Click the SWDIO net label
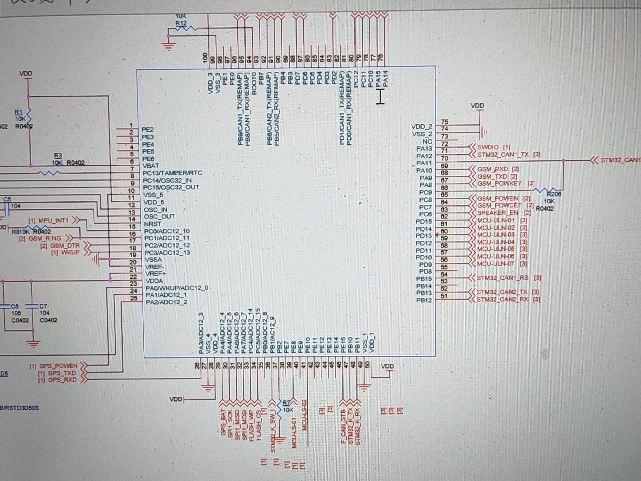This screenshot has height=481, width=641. (x=488, y=147)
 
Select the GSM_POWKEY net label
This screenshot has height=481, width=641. (x=499, y=183)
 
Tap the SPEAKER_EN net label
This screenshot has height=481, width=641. (x=497, y=213)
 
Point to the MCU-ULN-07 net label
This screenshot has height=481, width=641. (x=495, y=264)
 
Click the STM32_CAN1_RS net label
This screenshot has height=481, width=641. (x=503, y=278)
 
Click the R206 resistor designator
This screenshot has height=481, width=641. (x=554, y=194)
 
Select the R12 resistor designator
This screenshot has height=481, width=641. (x=181, y=23)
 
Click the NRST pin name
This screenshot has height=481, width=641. (x=153, y=224)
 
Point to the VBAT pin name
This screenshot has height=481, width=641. (x=150, y=166)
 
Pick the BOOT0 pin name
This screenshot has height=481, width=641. (x=254, y=83)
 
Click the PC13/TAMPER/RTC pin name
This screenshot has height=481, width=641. (x=172, y=173)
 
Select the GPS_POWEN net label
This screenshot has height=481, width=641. (x=58, y=366)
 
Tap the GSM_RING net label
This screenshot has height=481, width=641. (x=45, y=239)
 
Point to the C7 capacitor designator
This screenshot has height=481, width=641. (x=43, y=306)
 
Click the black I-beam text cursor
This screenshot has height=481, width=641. (x=380, y=97)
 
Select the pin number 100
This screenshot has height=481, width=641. (x=205, y=57)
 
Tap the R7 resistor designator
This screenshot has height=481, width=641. (x=286, y=403)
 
